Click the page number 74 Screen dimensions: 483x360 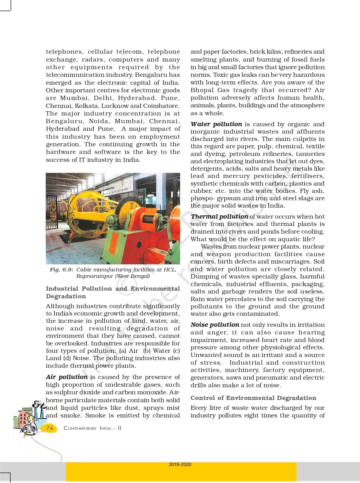[50, 428]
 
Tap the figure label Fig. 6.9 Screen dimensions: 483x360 [61, 269]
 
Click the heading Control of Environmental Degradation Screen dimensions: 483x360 [253, 398]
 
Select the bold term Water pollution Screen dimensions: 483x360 [216, 124]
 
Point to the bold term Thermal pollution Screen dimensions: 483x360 [219, 216]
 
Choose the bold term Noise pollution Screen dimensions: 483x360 [215, 325]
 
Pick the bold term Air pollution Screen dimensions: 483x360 [67, 377]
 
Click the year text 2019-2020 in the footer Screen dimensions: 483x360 [180, 464]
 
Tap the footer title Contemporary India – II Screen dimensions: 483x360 [92, 428]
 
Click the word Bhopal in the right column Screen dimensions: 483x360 [202, 90]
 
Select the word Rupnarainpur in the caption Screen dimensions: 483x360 [95, 276]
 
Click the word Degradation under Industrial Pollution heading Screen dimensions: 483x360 [66, 296]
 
